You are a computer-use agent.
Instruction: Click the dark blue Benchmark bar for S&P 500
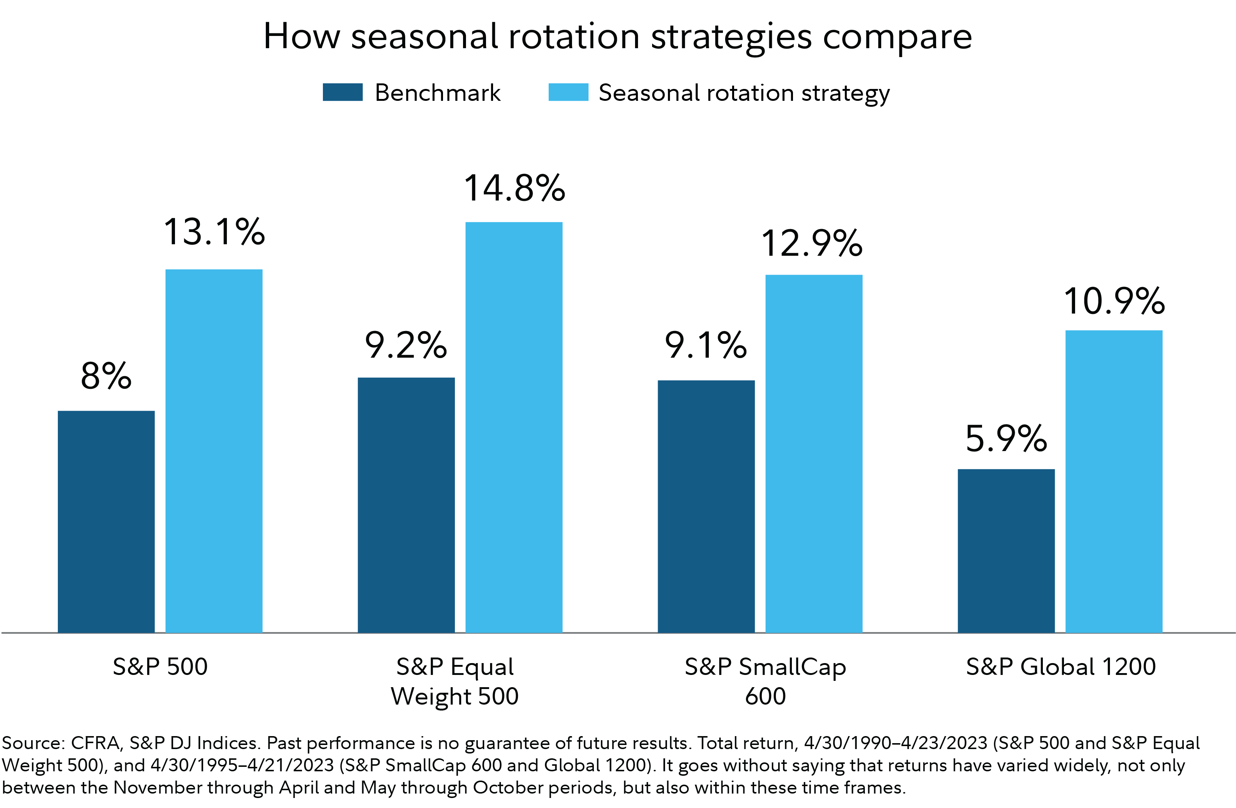(106, 521)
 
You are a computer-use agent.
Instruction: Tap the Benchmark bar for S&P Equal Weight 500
(406, 505)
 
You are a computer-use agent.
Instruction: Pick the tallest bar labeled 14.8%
(513, 427)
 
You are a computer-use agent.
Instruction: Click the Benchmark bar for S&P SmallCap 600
(706, 506)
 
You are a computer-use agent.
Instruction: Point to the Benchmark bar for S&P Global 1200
(1006, 550)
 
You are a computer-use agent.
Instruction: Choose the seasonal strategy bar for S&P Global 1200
(1114, 481)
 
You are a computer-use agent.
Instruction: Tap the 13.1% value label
(214, 232)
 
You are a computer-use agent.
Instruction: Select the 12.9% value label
(812, 243)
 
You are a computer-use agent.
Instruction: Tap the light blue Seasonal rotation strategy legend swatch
(568, 92)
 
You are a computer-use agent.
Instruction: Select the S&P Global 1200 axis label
(1061, 666)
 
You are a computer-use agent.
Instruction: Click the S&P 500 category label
(160, 666)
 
